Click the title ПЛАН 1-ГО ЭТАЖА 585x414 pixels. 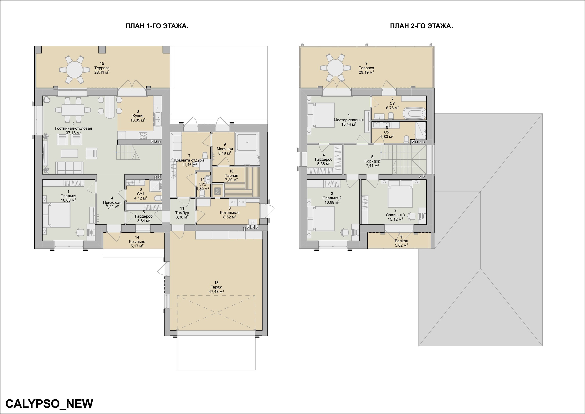click(157, 26)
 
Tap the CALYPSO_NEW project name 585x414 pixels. click(49, 404)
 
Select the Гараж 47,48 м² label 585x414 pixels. click(216, 287)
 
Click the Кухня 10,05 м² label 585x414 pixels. click(138, 116)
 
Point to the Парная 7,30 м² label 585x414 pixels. click(231, 175)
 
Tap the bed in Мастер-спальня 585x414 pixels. click(321, 115)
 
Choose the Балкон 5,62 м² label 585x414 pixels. click(401, 241)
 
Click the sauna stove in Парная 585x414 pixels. click(218, 191)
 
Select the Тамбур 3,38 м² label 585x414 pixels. click(182, 213)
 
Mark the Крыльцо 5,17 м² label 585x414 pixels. click(137, 242)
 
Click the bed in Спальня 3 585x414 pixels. click(400, 194)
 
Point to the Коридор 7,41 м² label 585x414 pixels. click(372, 161)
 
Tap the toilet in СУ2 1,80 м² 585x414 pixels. click(202, 194)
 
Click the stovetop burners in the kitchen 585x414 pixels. click(143, 136)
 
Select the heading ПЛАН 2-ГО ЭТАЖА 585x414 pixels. click(421, 26)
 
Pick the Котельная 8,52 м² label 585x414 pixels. click(230, 213)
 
